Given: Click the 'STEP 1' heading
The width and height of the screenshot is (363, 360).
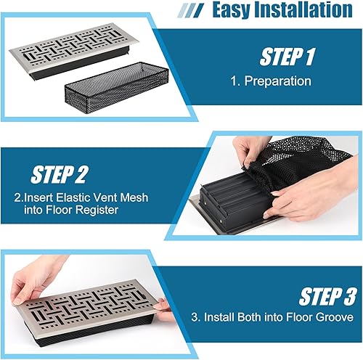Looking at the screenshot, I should pyautogui.click(x=287, y=57).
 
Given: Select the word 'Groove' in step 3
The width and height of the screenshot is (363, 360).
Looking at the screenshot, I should pyautogui.click(x=335, y=319).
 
